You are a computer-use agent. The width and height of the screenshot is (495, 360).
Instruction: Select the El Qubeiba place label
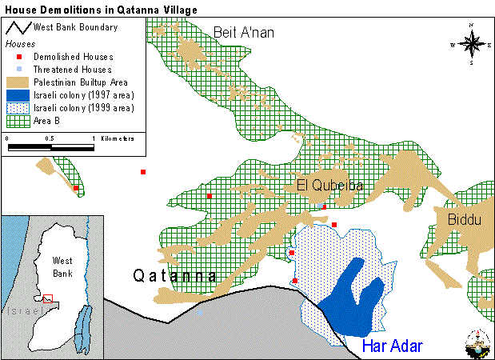point(329,186)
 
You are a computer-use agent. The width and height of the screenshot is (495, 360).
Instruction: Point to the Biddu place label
point(465,219)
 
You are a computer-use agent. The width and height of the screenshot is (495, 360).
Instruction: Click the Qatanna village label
point(174,276)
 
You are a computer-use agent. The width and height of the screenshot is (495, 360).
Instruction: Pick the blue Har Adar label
point(392,346)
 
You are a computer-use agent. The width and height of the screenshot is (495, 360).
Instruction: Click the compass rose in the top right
point(471,44)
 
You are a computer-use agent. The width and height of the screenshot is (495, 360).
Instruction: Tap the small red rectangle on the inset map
point(49,298)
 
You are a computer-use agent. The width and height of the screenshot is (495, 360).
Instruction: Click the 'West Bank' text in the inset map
point(62,267)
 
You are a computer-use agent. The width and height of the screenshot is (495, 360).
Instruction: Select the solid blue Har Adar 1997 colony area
point(352,296)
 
